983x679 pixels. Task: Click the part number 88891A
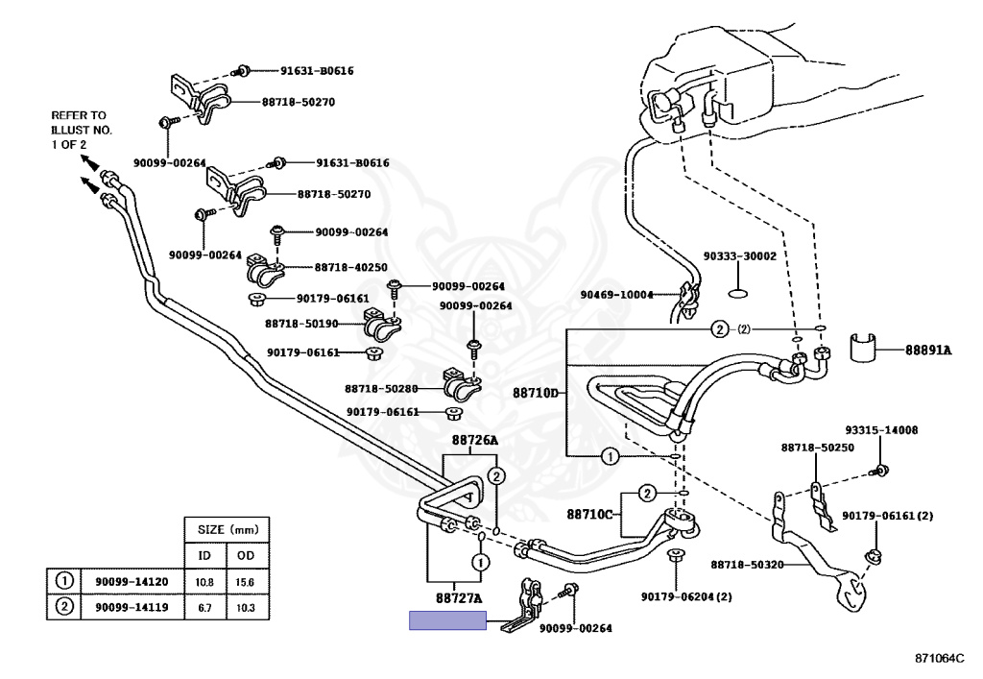coord(927,351)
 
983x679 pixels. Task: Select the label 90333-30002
coord(739,256)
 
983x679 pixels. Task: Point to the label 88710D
coord(534,393)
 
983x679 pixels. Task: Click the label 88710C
coord(588,515)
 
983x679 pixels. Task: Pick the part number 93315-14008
coord(880,431)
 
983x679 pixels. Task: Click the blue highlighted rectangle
coord(448,620)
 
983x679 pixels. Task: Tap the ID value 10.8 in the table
coord(204,581)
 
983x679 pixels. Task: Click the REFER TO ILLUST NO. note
coord(80,129)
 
